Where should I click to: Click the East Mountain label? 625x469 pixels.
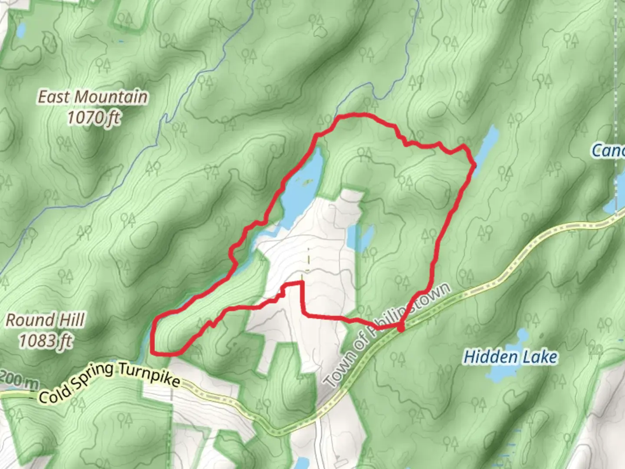tap(92, 97)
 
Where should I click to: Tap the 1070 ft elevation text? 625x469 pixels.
tap(93, 117)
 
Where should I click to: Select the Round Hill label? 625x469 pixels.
tap(45, 320)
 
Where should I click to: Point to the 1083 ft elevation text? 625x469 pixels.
tap(45, 340)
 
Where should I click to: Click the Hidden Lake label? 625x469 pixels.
tap(510, 357)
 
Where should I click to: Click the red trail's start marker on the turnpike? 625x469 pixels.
tap(401, 328)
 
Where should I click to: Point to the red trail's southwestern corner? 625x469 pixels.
tap(153, 353)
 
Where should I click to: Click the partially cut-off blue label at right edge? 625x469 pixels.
tap(609, 151)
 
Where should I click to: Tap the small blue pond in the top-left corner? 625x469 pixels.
tap(21, 30)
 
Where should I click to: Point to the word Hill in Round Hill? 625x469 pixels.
tap(72, 320)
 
